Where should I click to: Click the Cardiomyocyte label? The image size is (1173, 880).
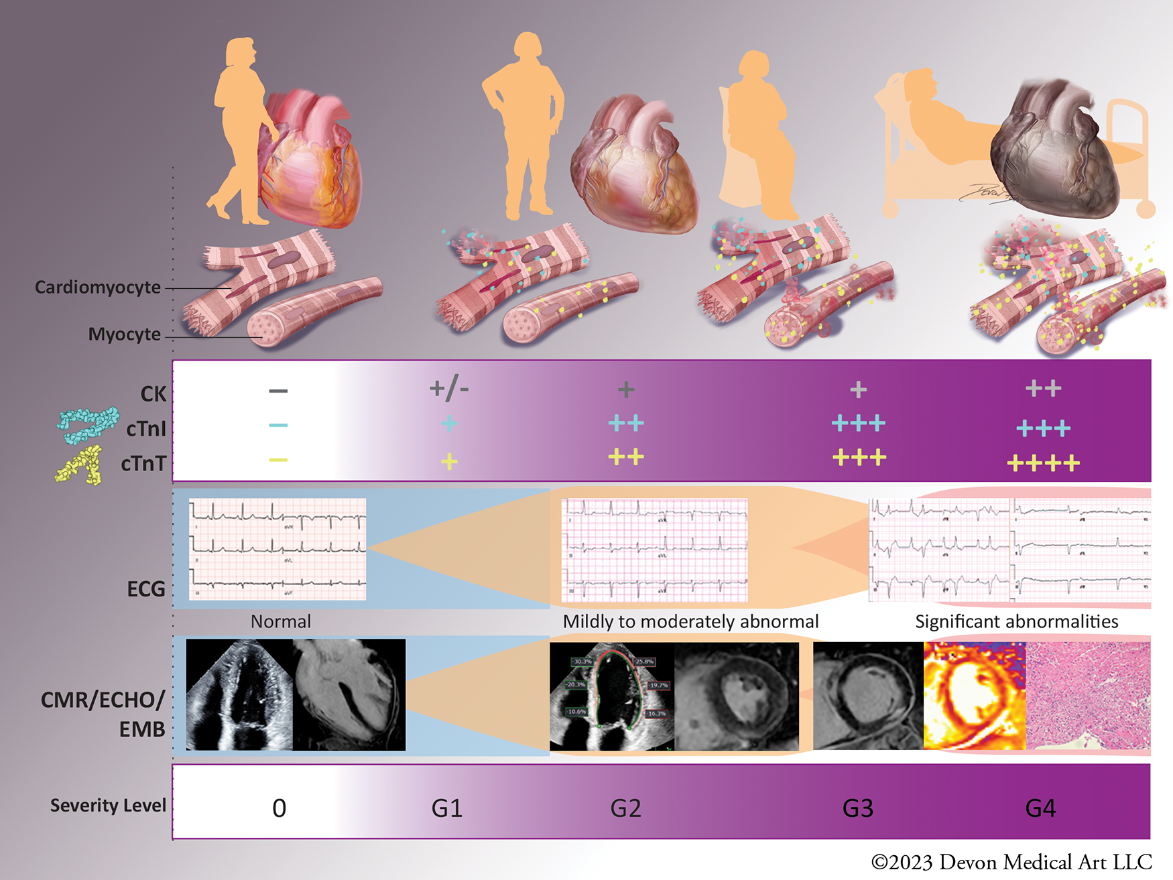[98, 288]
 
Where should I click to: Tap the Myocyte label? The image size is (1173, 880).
[125, 334]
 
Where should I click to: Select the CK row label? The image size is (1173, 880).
[153, 393]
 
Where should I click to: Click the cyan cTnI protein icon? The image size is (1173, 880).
[87, 424]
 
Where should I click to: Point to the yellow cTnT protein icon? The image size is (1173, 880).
[79, 465]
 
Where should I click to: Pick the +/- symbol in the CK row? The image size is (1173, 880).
[449, 388]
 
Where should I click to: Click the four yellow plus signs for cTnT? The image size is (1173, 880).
[1043, 462]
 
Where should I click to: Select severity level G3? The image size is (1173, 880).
[857, 808]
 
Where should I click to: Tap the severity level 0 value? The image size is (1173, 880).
[280, 808]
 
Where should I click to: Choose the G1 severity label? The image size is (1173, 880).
[447, 808]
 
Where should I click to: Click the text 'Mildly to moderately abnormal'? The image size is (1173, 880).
[690, 621]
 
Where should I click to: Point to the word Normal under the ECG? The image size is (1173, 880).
[281, 621]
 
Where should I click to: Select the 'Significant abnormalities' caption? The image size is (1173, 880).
[1016, 621]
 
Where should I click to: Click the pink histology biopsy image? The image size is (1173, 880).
[1088, 695]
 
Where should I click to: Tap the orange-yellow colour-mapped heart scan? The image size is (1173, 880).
[974, 695]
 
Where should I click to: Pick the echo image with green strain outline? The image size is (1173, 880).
[611, 696]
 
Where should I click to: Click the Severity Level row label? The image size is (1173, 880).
[108, 805]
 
